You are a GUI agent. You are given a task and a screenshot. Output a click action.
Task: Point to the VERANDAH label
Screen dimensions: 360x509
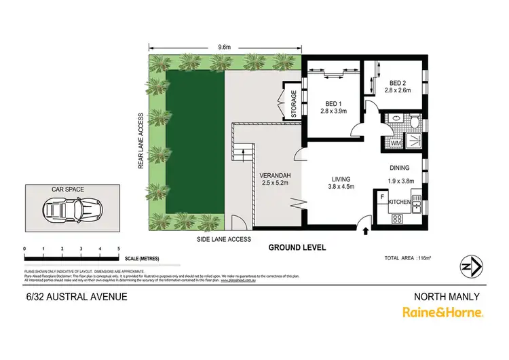pyautogui.click(x=276, y=177)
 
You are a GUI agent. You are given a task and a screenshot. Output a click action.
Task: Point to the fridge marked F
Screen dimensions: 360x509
pyautogui.click(x=383, y=198)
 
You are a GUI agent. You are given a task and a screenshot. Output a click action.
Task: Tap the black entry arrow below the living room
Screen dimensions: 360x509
pyautogui.click(x=367, y=232)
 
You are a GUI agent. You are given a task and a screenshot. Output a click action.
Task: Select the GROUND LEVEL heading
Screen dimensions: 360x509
pyautogui.click(x=297, y=247)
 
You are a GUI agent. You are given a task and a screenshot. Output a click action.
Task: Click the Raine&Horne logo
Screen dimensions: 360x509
pyautogui.click(x=442, y=312)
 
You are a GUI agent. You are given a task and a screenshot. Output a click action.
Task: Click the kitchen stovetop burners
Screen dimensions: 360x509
pyautogui.click(x=398, y=218)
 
